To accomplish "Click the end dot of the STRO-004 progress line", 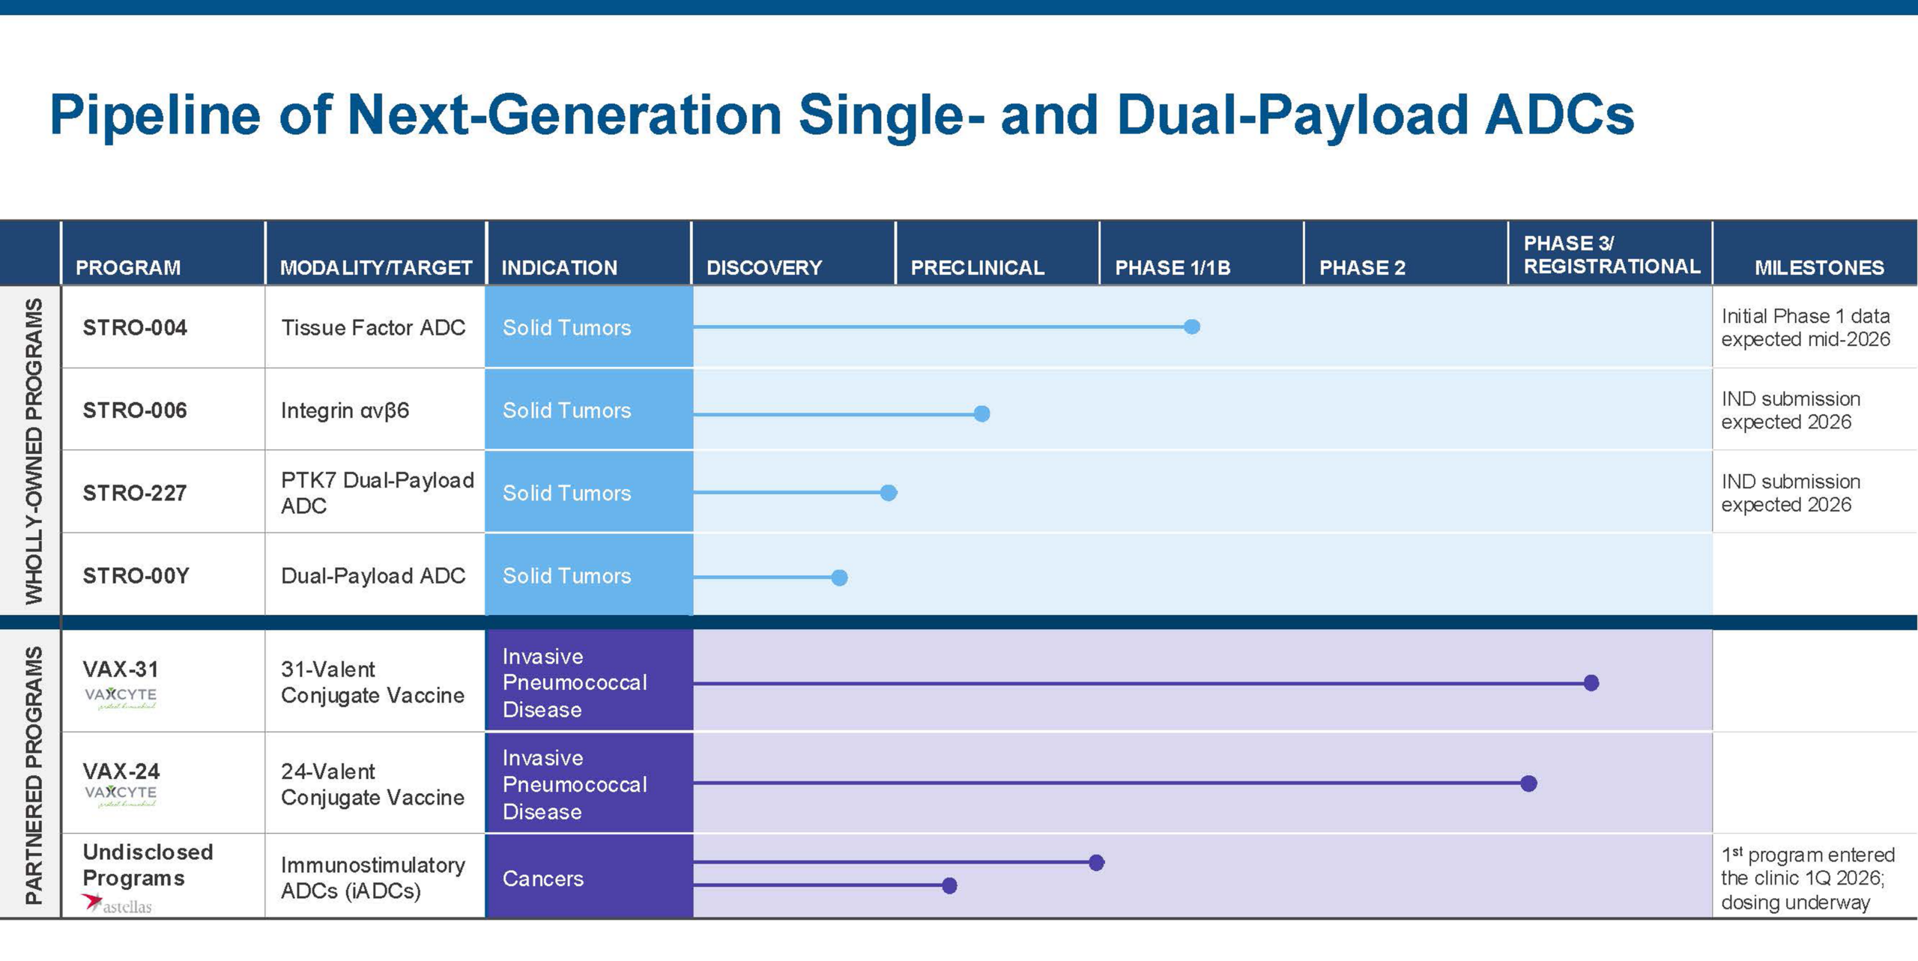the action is point(1192,327).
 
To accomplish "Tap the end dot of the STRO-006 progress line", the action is point(982,413).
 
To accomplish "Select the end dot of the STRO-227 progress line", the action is point(889,493).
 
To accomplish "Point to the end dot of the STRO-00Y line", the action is point(840,577).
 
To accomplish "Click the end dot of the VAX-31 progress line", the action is point(1592,682).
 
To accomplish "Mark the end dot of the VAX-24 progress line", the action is point(1529,783).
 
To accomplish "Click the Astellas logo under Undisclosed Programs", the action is point(117,904).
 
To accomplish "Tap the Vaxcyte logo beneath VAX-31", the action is point(121,697).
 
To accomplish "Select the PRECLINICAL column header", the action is point(978,267).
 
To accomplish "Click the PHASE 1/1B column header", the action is point(1173,267).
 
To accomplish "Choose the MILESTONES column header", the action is point(1819,267).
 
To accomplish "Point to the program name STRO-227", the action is point(135,493).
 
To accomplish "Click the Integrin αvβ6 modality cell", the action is point(345,410).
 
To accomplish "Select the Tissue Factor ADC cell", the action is point(373,327).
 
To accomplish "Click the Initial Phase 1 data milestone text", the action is point(1806,327).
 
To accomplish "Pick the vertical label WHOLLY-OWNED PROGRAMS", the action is point(34,451).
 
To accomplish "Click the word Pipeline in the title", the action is point(155,116).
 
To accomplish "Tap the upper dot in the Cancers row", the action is point(1097,863).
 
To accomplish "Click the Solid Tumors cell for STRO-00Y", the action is point(589,575).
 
